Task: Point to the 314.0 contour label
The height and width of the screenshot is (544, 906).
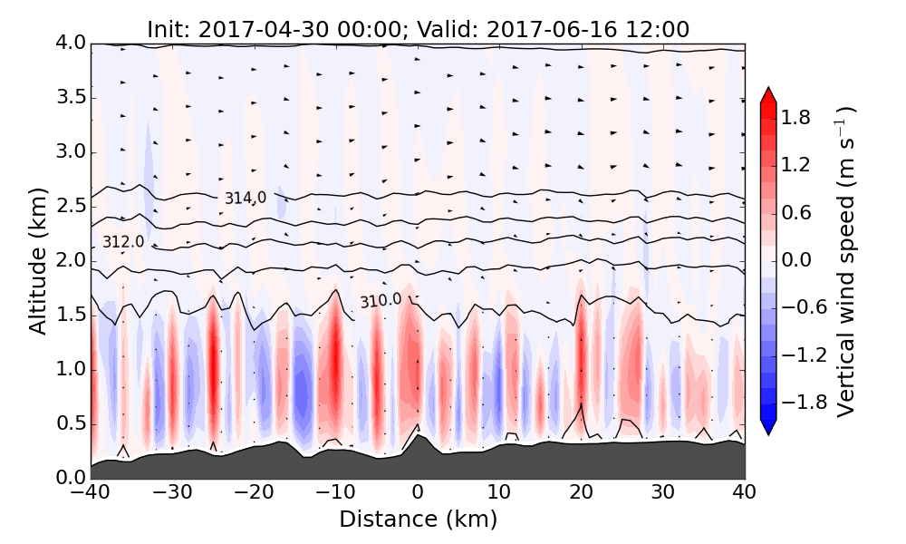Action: point(246,198)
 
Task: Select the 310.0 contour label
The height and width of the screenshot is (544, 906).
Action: point(381,300)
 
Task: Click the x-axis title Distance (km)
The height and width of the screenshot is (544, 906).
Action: point(418,520)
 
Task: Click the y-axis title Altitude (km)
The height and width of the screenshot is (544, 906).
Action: point(37,261)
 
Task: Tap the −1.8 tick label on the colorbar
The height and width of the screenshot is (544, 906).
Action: point(802,402)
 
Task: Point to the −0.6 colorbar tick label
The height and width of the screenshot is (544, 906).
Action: point(802,306)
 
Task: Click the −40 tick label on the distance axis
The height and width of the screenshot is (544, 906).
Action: point(91,493)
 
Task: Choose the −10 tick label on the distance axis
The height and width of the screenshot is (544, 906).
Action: point(335,493)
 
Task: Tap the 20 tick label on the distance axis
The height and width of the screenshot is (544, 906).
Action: point(581,493)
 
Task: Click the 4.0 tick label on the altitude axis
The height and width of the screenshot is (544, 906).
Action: point(69,43)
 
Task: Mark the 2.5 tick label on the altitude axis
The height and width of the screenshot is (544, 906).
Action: point(69,206)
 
